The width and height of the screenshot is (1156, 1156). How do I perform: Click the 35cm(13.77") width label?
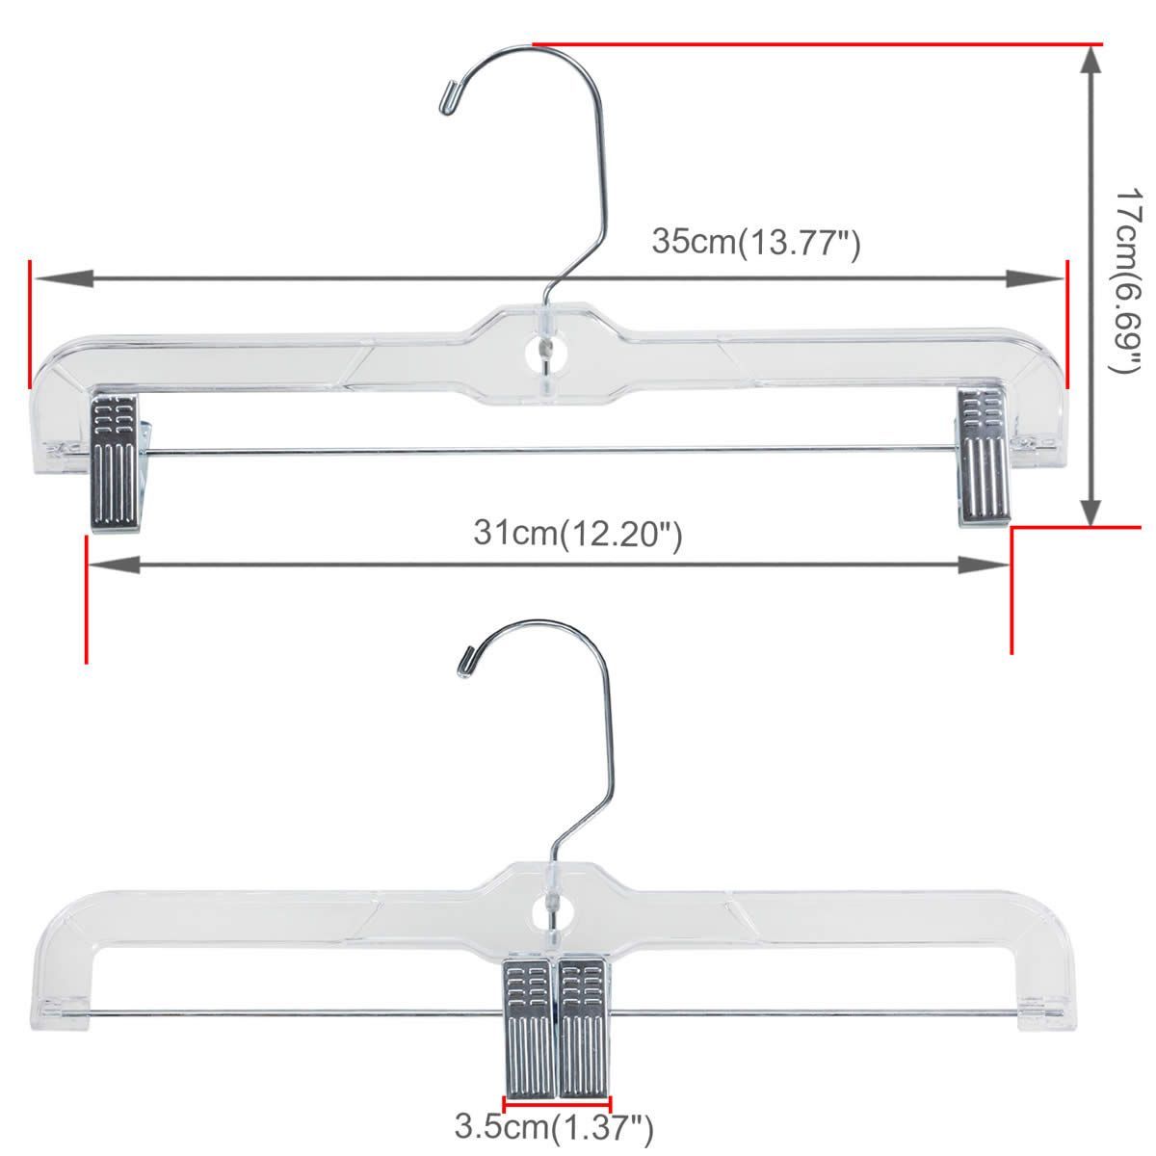coord(755,241)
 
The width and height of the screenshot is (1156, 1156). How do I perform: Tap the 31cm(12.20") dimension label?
coord(578,532)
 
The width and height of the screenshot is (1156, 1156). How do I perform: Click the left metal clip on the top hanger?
coord(115,460)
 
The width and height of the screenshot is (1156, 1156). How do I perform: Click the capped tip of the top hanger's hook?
coord(448,97)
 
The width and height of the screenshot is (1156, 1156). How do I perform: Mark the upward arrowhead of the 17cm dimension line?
coord(1090,63)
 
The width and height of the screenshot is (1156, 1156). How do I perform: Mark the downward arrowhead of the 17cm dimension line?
coord(1090,509)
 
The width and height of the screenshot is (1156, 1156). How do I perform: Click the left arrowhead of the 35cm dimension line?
coord(58,278)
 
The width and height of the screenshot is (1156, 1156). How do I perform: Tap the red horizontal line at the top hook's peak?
coord(819,44)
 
